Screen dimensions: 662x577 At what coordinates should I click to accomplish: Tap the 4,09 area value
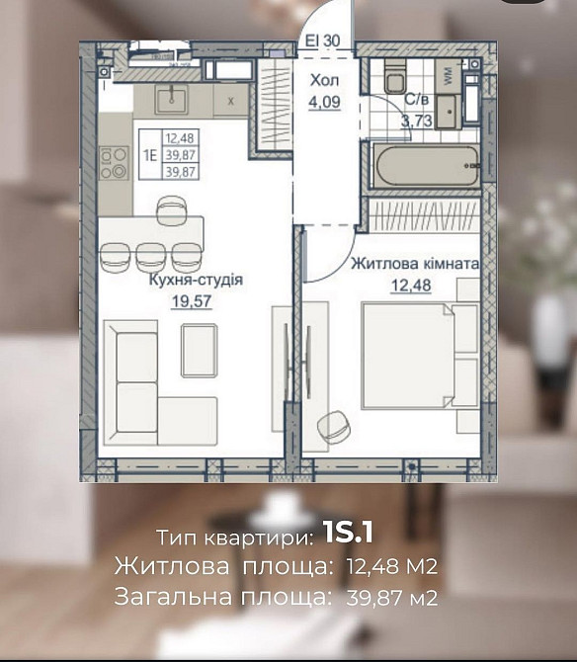pos(325,101)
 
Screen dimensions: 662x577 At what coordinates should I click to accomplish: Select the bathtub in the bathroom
pos(425,165)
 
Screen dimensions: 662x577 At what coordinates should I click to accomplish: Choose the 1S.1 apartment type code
pos(347,535)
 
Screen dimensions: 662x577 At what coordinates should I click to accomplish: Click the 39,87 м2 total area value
pos(389,597)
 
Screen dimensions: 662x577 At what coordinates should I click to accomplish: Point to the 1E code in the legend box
pos(151,153)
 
